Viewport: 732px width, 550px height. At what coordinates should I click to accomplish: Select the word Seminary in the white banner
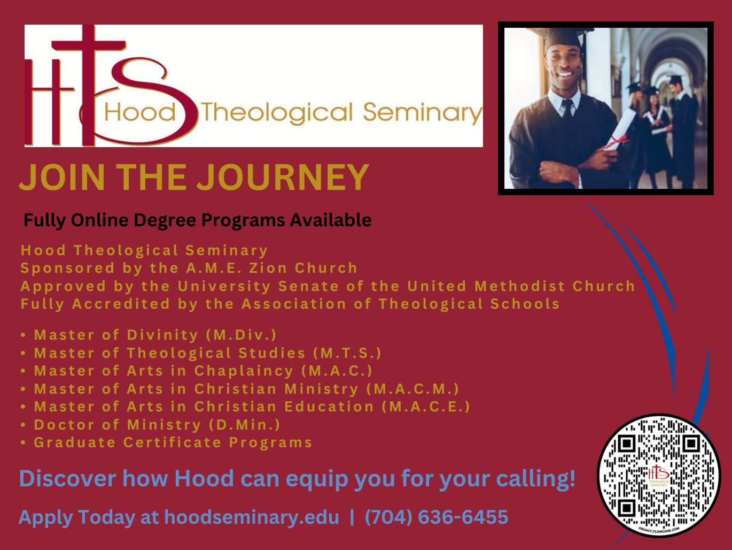pyautogui.click(x=423, y=113)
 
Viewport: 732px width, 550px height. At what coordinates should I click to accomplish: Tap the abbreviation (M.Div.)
pyautogui.click(x=241, y=335)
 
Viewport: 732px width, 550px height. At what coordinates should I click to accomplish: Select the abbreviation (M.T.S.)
pyautogui.click(x=347, y=353)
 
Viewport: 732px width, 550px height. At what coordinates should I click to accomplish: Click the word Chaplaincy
pyautogui.click(x=244, y=371)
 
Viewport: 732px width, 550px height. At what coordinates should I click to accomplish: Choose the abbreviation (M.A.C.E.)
pyautogui.click(x=426, y=407)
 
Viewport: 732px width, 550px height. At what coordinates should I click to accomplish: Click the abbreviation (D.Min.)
pyautogui.click(x=244, y=425)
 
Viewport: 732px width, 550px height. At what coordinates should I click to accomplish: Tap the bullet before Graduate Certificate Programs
pyautogui.click(x=23, y=443)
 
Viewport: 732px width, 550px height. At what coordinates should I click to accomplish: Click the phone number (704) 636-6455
pyautogui.click(x=437, y=517)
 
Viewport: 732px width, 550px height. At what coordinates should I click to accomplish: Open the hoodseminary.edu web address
pyautogui.click(x=252, y=517)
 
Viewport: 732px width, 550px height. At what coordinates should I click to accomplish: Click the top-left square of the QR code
pyautogui.click(x=627, y=444)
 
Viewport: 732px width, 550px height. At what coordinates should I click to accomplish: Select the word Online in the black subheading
pyautogui.click(x=99, y=220)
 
